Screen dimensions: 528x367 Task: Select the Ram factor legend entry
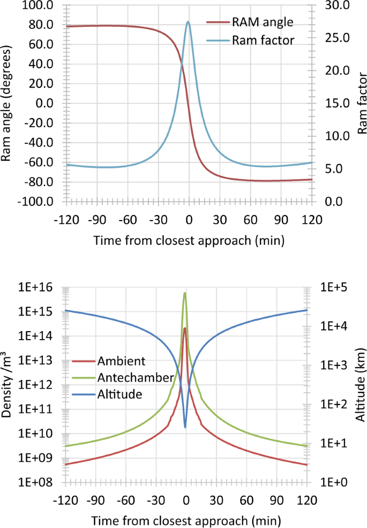click(263, 40)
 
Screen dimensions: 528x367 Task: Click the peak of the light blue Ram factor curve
click(188, 22)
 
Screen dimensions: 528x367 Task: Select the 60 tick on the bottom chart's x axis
click(246, 501)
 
